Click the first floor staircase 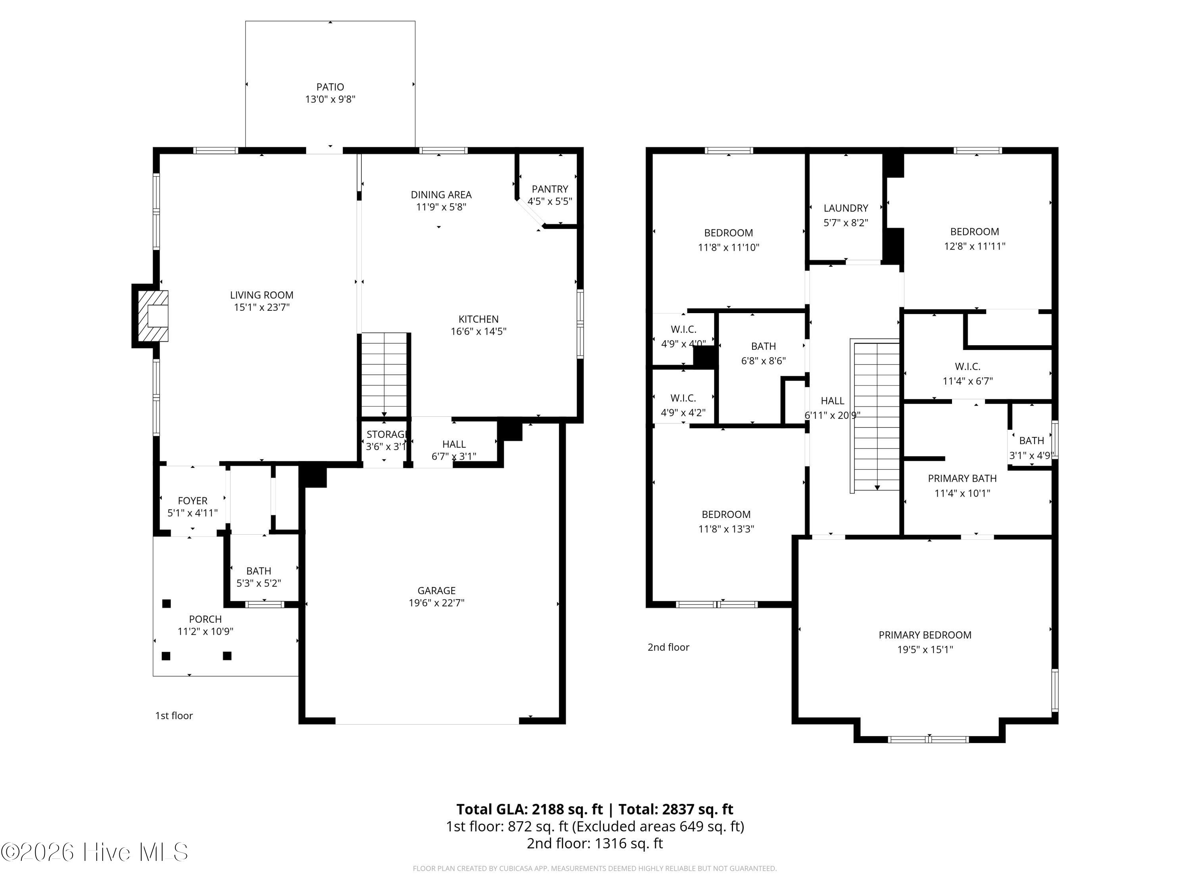384,375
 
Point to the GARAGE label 436,591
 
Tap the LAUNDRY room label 846,208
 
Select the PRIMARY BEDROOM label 925,635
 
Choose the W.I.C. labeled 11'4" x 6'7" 967,373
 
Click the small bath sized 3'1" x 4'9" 1031,447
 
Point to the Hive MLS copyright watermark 95,852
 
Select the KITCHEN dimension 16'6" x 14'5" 478,331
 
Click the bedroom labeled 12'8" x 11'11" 974,239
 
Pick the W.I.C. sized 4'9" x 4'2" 683,405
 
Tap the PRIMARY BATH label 962,479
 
